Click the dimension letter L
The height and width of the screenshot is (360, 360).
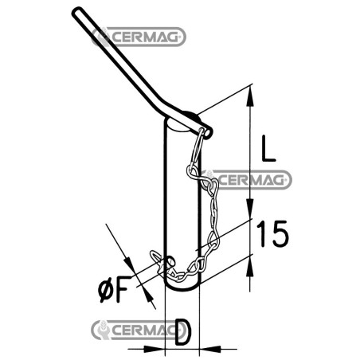click(x=268, y=148)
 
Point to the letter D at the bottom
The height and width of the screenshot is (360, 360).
click(x=183, y=332)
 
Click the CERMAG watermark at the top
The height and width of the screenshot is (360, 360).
click(x=139, y=37)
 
